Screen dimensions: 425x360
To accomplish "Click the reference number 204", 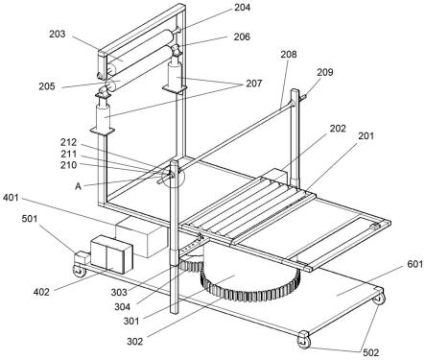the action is coord(243,8).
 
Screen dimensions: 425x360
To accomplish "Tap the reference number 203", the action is coord(58,34).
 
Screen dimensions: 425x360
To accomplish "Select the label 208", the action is coord(289,55).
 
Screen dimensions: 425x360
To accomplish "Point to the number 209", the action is coord(325,72).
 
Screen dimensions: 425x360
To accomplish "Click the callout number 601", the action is coord(415,264).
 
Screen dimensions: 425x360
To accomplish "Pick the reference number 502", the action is coord(371,352).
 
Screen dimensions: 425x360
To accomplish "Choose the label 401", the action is coord(11,198).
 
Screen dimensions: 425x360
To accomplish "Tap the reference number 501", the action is coord(30,219).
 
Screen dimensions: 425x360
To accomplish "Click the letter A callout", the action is coord(78,186).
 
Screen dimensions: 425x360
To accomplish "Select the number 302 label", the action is coord(135,342).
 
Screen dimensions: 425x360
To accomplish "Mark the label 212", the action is coord(69,142).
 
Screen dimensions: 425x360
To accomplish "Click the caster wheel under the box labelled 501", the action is coord(80,271).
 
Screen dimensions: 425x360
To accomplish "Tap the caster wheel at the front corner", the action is coord(304,340).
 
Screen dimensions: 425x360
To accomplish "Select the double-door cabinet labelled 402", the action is coord(112,254).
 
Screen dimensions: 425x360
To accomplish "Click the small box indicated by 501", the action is coord(83,257).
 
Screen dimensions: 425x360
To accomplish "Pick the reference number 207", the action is coord(254,84).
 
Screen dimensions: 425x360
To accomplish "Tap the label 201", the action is coord(366,136).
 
